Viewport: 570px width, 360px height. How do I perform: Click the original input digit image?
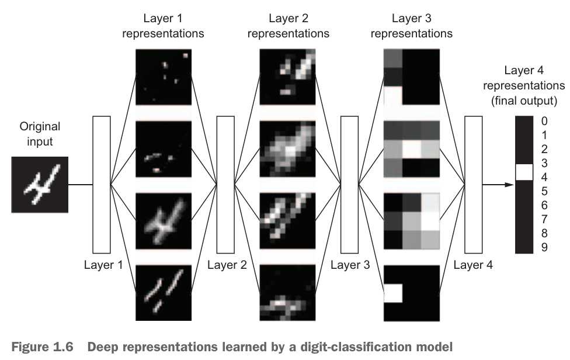40,185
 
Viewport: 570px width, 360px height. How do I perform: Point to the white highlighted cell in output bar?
524,172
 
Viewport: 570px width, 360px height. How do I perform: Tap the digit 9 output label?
544,247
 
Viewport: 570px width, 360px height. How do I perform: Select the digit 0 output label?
544,122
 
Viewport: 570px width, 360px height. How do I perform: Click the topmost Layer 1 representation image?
164,77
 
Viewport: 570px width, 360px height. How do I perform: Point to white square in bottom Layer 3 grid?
393,292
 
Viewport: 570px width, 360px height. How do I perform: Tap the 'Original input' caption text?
40,133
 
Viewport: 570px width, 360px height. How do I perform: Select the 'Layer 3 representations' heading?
411,26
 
